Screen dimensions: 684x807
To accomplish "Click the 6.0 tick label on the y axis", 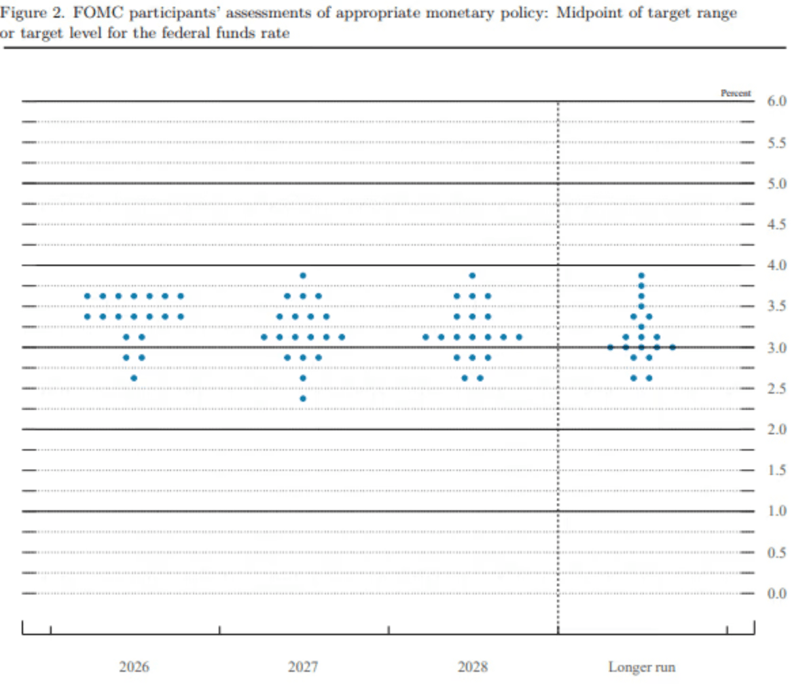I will click(x=776, y=102).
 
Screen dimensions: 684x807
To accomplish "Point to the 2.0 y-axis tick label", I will click(x=776, y=430).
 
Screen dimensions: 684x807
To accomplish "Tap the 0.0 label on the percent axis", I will click(x=776, y=594).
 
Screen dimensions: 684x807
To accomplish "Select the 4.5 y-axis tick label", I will click(x=776, y=225).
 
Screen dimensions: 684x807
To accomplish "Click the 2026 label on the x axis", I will click(x=134, y=666).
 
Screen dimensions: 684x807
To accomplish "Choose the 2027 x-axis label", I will click(x=303, y=666).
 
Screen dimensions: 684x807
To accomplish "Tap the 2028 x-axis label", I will click(x=472, y=666).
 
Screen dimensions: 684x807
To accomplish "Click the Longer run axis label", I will click(x=641, y=666).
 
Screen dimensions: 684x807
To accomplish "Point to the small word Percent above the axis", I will click(x=735, y=93).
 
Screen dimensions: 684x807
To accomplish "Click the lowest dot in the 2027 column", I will click(x=303, y=398).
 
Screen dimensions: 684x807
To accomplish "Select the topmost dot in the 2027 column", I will click(x=303, y=275).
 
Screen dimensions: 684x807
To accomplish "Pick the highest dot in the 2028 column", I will click(x=472, y=275).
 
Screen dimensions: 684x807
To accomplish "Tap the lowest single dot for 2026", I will click(x=134, y=378).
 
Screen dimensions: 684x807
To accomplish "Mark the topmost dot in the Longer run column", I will click(x=641, y=275).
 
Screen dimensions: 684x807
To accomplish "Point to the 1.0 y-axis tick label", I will click(x=776, y=512).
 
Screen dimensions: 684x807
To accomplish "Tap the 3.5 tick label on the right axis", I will click(x=776, y=307).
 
